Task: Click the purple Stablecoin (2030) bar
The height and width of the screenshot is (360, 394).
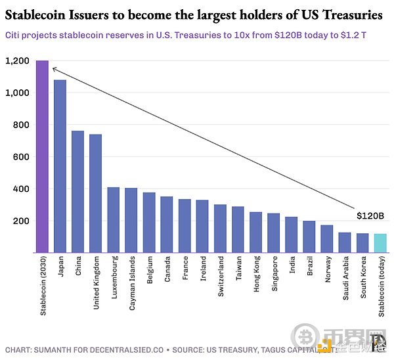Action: pos(43,156)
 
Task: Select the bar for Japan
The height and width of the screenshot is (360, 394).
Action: pos(60,166)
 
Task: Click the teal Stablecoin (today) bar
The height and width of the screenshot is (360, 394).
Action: pos(380,243)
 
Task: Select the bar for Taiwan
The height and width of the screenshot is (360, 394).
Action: pos(238,230)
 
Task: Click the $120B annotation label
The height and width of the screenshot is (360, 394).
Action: pos(370,215)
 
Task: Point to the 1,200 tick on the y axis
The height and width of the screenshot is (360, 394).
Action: pos(17,61)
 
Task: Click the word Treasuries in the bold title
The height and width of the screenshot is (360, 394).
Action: pos(349,13)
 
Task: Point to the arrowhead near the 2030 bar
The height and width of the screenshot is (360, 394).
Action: pos(53,68)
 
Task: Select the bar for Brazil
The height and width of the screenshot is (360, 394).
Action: pos(309,237)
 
